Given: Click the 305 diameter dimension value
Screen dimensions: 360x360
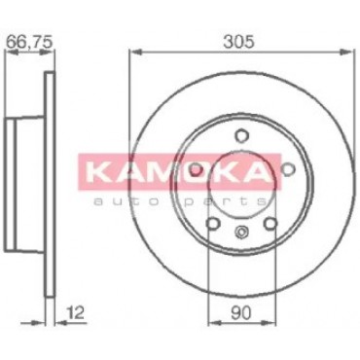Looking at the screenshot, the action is coord(239,43).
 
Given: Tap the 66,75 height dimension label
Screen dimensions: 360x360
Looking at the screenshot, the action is coord(29,43).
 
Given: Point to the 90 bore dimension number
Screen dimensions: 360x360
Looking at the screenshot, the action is coord(242,312).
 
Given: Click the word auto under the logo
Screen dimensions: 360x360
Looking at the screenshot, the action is coord(131,202).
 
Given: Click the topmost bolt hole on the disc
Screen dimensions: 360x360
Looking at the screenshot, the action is coord(241,134).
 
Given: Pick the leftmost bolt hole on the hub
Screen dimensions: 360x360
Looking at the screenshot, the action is coord(196,169).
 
